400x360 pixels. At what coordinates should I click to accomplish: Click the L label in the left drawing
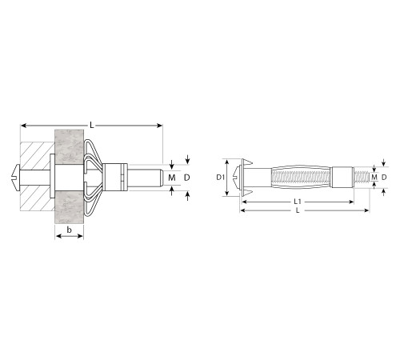pos(92,125)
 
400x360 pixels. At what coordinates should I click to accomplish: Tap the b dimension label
pos(69,230)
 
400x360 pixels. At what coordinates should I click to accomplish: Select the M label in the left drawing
pos(172,178)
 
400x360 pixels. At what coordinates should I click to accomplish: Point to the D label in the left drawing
pos(187,178)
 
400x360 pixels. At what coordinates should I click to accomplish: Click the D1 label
pos(220,177)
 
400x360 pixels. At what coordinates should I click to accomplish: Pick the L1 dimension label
pos(298,202)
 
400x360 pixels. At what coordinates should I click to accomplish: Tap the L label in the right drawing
pos(298,210)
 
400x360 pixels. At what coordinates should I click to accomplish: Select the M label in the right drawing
pos(374,177)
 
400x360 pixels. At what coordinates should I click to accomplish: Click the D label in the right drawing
pos(384,177)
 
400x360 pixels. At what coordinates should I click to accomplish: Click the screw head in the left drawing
pos(17,178)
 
